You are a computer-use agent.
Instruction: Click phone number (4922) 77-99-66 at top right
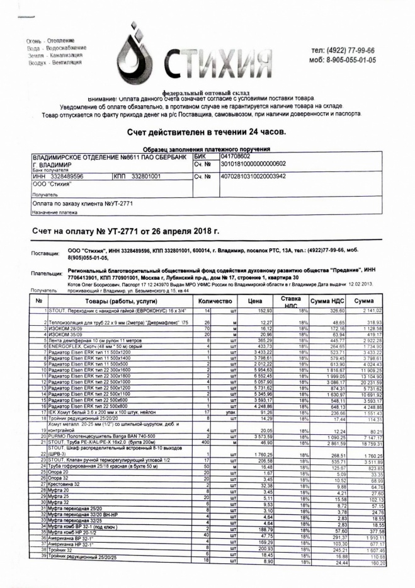[x=343, y=50]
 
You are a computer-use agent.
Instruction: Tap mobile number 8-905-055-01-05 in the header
[x=342, y=60]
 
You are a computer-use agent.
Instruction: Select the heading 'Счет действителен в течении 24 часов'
[x=207, y=132]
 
